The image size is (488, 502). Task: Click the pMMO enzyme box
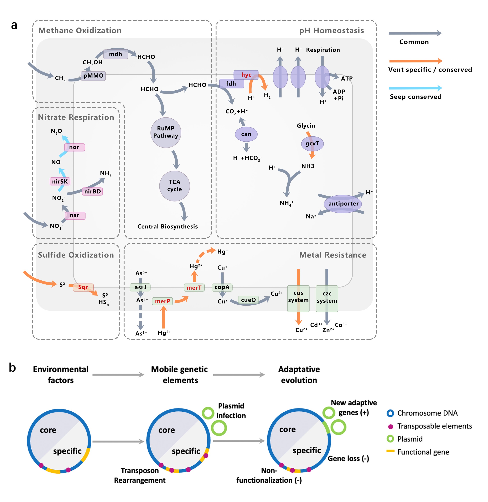pyautogui.click(x=93, y=76)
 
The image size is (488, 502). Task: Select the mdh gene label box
pyautogui.click(x=116, y=54)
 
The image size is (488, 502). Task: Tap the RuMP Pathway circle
pyautogui.click(x=166, y=132)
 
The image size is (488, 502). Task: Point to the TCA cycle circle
pyautogui.click(x=174, y=186)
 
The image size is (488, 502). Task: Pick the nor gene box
pyautogui.click(x=74, y=147)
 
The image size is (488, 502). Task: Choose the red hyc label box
pyautogui.click(x=246, y=75)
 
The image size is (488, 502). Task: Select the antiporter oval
pyautogui.click(x=343, y=204)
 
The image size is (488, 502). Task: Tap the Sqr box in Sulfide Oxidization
pyautogui.click(x=83, y=287)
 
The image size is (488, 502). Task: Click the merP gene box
pyautogui.click(x=162, y=301)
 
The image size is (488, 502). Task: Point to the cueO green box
pyautogui.click(x=248, y=300)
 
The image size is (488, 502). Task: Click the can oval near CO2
pyautogui.click(x=246, y=134)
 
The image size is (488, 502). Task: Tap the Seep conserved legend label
pyautogui.click(x=416, y=97)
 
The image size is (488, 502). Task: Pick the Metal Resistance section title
pyautogui.click(x=332, y=255)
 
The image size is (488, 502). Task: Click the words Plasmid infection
pyautogui.click(x=231, y=411)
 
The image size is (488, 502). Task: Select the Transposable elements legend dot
pyautogui.click(x=391, y=427)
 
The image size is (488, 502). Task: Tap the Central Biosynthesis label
pyautogui.click(x=167, y=226)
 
